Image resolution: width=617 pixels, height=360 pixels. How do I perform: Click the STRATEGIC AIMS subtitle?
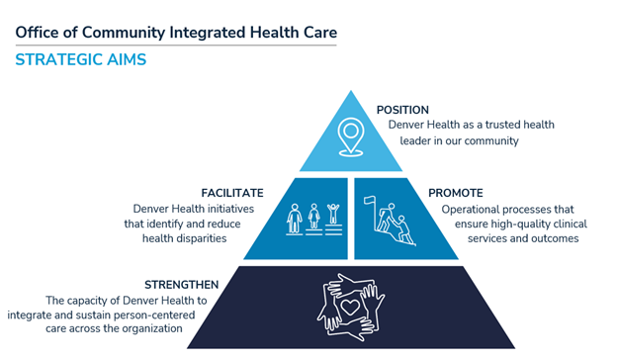point(81,60)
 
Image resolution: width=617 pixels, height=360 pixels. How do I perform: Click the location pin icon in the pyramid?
point(351,136)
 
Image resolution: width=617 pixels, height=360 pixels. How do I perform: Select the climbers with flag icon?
point(394,218)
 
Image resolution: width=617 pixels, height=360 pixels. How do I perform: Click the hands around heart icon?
point(352,306)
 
